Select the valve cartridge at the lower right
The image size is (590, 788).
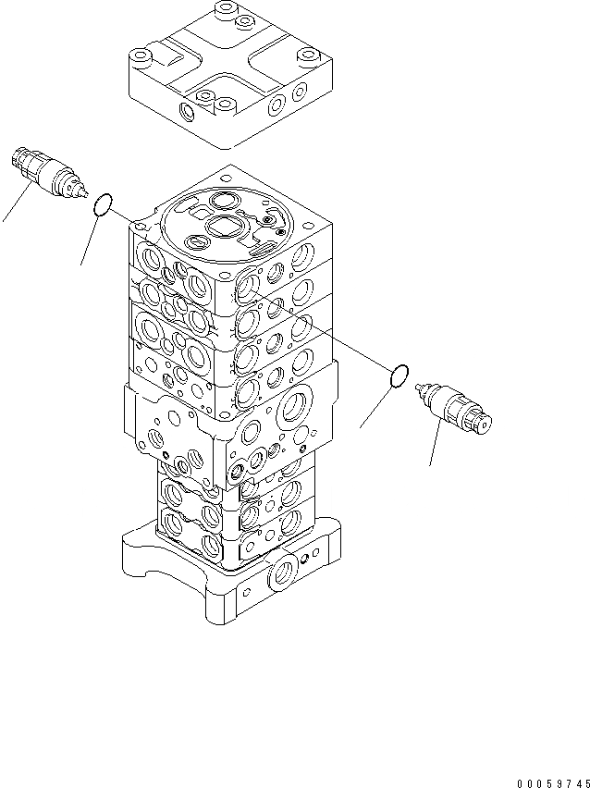click(x=456, y=409)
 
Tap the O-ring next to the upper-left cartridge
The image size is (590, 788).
click(x=104, y=204)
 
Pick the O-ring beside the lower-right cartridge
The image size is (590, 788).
click(x=399, y=376)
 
